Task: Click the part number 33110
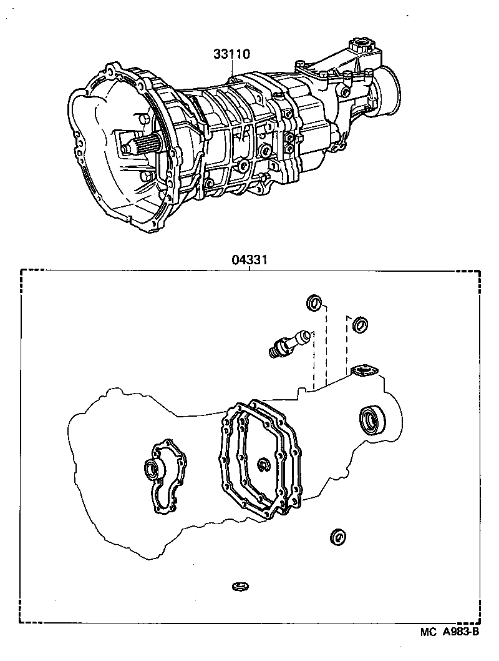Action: click(232, 54)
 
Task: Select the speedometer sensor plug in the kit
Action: click(288, 342)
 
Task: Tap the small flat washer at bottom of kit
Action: click(240, 586)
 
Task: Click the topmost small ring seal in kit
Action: click(314, 304)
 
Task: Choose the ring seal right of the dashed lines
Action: click(360, 324)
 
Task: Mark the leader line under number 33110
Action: click(232, 69)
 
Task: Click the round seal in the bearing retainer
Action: click(152, 467)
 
